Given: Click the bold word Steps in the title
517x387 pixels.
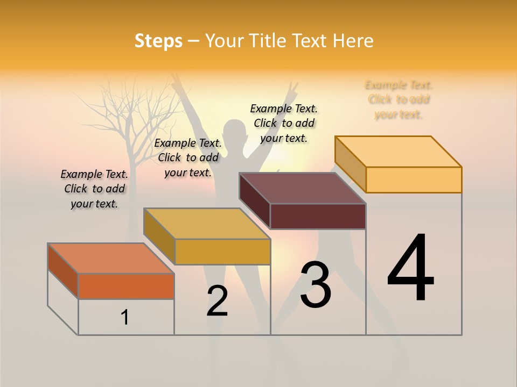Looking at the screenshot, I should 158,41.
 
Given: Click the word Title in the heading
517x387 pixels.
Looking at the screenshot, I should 271,41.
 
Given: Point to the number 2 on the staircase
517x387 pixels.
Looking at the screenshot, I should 217,301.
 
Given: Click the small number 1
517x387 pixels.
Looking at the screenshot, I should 125,317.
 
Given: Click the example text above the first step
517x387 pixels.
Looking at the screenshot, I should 94,189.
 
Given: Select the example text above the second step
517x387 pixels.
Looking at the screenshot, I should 188,157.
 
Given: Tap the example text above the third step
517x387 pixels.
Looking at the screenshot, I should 284,123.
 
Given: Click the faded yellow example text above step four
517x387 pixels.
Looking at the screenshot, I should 399,99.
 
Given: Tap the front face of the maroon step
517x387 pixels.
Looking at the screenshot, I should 318,216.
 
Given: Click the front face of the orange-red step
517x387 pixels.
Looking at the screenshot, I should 126,286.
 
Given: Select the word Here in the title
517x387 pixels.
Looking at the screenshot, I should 353,41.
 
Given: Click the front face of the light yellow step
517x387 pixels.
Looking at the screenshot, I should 414,180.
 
